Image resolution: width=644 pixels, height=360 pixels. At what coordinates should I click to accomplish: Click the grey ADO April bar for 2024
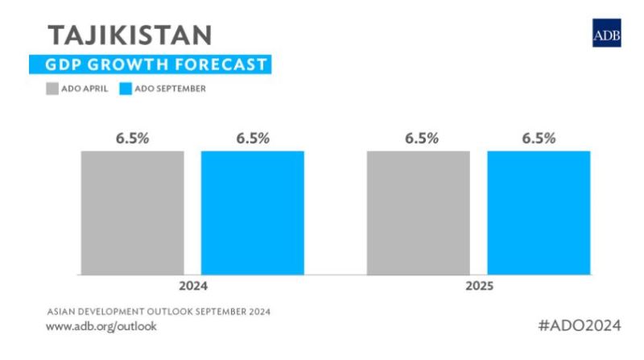pyautogui.click(x=132, y=213)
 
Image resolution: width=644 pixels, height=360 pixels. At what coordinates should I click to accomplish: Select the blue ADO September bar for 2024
pyautogui.click(x=252, y=213)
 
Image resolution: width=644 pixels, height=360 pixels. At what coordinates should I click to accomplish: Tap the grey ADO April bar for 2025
pyautogui.click(x=418, y=213)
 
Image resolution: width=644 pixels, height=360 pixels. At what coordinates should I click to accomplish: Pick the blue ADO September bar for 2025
pyautogui.click(x=539, y=213)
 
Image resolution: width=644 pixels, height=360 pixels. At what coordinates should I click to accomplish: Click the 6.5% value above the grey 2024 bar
pyautogui.click(x=132, y=139)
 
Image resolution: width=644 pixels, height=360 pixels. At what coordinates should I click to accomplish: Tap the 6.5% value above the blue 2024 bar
pyautogui.click(x=252, y=139)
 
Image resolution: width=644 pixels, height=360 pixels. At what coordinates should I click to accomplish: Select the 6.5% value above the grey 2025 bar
pyautogui.click(x=419, y=139)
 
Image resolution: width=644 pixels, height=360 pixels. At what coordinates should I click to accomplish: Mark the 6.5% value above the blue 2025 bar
pyautogui.click(x=539, y=139)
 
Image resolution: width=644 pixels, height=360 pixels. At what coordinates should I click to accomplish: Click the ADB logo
pyautogui.click(x=606, y=35)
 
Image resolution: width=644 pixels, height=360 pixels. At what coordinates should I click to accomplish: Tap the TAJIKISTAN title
pyautogui.click(x=129, y=34)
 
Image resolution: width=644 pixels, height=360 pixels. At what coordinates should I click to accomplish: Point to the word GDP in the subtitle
pyautogui.click(x=64, y=64)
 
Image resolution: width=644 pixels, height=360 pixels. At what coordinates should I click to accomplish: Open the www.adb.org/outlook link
pyautogui.click(x=101, y=326)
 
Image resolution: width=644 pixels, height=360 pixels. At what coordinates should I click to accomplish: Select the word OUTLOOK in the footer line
pyautogui.click(x=170, y=311)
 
